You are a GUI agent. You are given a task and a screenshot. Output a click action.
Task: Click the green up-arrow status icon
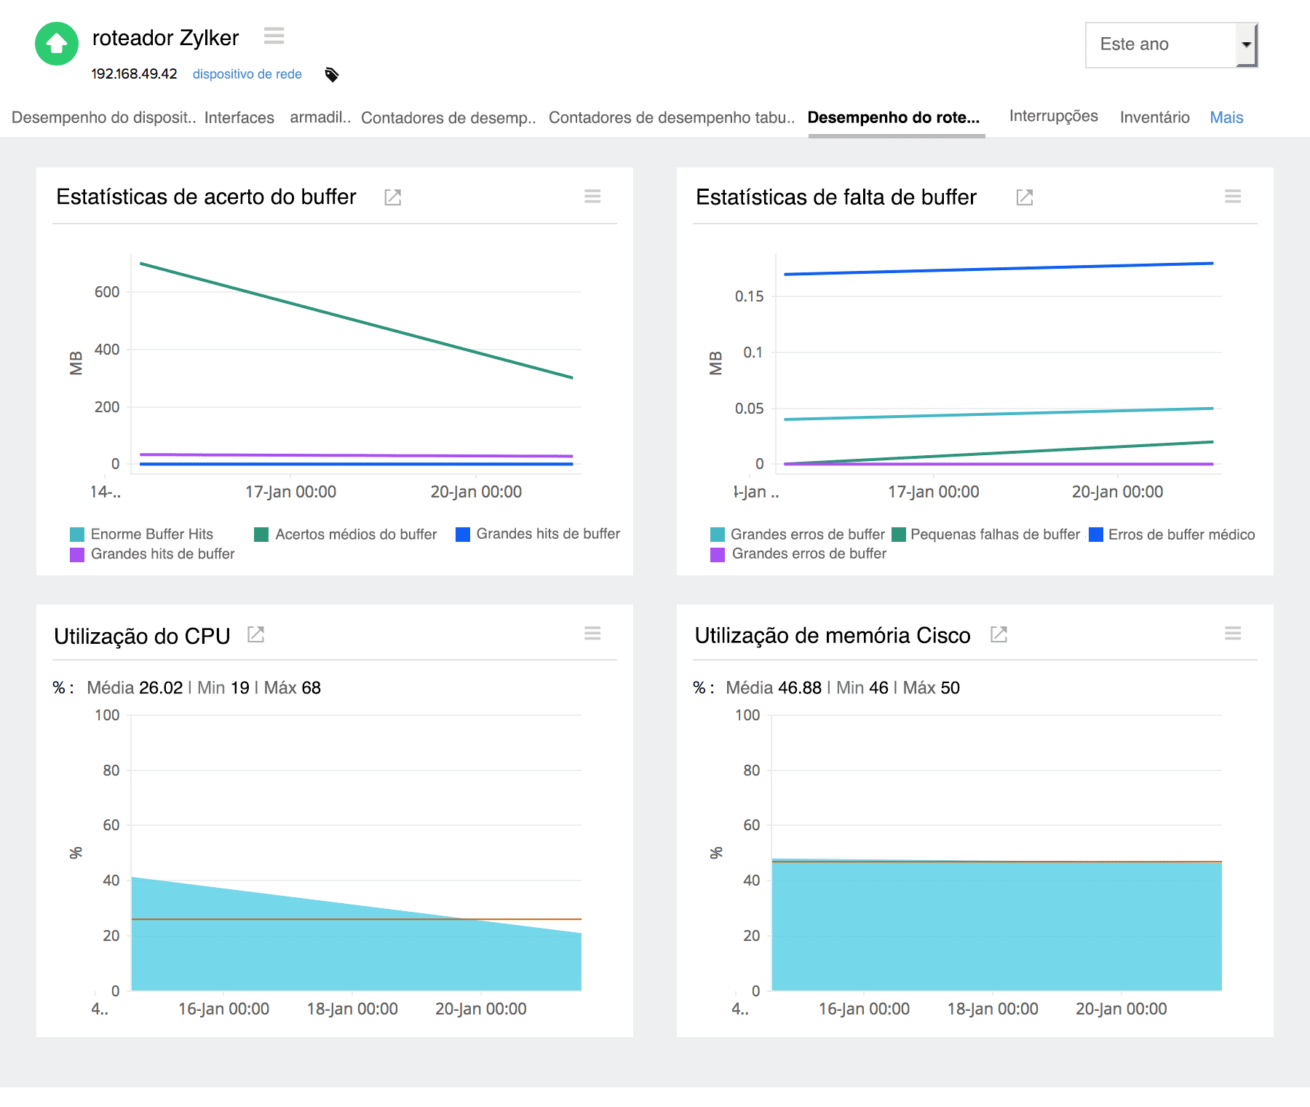pos(57,44)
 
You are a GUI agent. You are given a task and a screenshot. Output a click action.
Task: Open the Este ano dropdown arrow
pos(1246,44)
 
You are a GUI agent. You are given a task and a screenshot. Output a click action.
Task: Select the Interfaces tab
pos(239,117)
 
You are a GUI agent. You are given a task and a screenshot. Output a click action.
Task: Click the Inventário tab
pos(1154,117)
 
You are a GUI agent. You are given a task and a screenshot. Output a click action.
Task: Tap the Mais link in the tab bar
pos(1226,117)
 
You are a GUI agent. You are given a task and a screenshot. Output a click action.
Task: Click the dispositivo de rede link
pos(247,74)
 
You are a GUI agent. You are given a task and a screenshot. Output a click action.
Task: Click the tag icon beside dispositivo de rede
pos(332,74)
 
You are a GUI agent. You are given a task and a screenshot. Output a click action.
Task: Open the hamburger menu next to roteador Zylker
pos(274,36)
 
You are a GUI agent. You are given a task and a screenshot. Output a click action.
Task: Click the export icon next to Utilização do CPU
pos(255,634)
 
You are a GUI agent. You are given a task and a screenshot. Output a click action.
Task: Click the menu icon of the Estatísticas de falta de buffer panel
pos(1232,196)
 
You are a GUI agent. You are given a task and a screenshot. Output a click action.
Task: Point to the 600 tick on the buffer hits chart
pos(107,292)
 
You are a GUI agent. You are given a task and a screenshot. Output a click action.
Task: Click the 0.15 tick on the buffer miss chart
pos(749,296)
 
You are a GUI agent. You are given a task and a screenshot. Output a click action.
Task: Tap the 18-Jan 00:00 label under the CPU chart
pos(352,1009)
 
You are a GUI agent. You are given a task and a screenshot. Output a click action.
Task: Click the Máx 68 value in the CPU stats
pos(292,688)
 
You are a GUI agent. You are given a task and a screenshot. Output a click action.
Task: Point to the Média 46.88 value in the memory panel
pos(774,688)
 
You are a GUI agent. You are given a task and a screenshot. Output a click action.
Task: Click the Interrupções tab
pos(1053,116)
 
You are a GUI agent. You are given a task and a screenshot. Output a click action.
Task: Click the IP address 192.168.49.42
pos(134,74)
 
